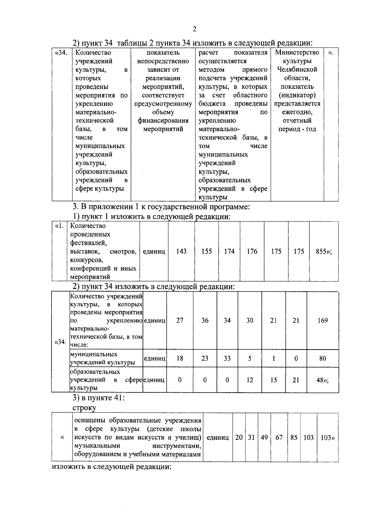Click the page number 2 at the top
(x=194, y=29)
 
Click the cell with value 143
(x=181, y=251)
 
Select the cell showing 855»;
(x=324, y=251)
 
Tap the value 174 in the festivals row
(x=229, y=251)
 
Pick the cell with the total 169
(x=323, y=321)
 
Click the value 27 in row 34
(x=180, y=321)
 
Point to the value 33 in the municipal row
(x=227, y=359)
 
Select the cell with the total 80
(x=323, y=359)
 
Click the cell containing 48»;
(x=323, y=380)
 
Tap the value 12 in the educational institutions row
(x=250, y=380)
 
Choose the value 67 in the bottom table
(x=279, y=438)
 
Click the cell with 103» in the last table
(x=327, y=438)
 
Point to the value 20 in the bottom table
(x=239, y=438)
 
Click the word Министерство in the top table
(x=297, y=53)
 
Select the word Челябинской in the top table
(x=297, y=70)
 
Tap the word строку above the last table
(x=84, y=408)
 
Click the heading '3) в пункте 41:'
(x=99, y=398)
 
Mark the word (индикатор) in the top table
(x=297, y=95)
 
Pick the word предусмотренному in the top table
(x=163, y=104)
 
